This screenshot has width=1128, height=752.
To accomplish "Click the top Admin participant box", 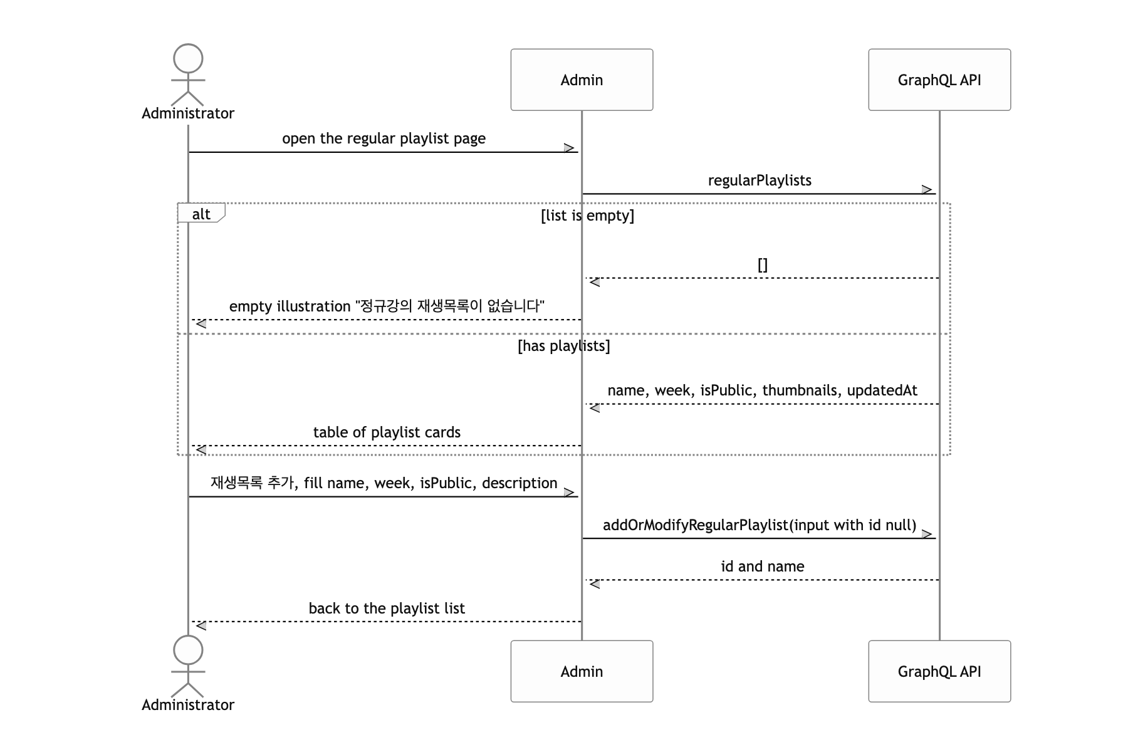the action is pos(582,80).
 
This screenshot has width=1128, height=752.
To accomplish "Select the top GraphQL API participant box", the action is pos(939,80).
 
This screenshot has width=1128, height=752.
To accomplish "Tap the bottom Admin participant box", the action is pos(582,671).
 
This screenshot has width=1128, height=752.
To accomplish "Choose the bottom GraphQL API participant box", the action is pos(939,671).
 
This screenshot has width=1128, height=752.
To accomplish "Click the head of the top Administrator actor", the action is pos(188,59).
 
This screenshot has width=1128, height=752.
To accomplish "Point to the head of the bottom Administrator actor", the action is pos(188,650).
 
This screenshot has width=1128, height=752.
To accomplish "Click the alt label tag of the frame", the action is pos(201,214).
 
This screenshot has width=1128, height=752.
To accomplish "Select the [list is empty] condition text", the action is pos(588,216).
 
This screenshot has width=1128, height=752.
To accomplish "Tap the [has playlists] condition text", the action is pos(564,346).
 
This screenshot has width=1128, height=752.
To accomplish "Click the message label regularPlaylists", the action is pos(760,180).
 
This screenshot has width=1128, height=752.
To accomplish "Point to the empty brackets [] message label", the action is pos(763,265).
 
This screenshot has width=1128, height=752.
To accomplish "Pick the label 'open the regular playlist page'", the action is pos(384,138).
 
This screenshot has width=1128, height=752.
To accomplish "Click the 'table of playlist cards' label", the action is pos(387,432).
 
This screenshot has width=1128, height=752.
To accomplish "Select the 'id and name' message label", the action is pos(763,567).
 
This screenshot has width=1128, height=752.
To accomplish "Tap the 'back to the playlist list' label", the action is pos(387,608).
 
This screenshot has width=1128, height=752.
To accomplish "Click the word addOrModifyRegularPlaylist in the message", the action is pos(695,525).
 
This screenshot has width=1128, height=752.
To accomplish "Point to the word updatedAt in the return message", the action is pos(882,390).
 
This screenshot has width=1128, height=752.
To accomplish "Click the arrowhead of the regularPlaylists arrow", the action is pos(927,189).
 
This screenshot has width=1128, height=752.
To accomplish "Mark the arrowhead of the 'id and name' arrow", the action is pos(594,584).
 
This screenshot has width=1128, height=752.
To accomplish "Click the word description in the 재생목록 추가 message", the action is pos(520,483).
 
